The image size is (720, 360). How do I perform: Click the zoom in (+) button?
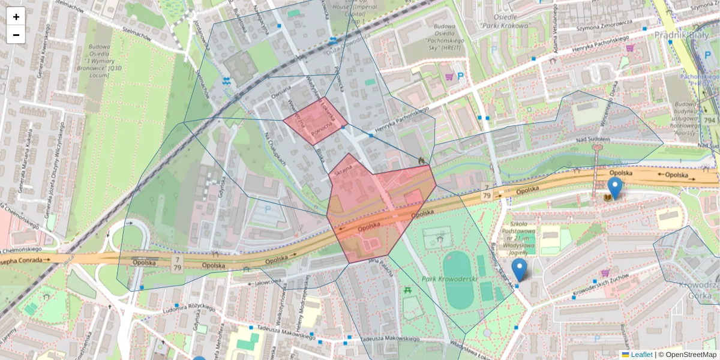point(16,17)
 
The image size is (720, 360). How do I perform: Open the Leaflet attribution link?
point(641,355)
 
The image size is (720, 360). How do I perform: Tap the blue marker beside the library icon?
point(614,187)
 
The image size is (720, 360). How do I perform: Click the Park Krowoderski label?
point(445,280)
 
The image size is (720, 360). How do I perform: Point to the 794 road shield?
point(710,120)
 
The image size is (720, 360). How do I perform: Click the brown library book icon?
point(608,197)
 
